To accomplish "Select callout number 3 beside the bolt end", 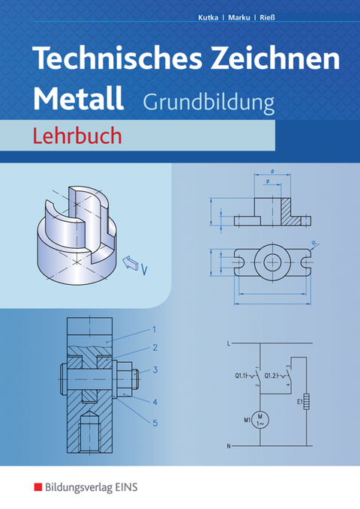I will coord(154,369).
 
